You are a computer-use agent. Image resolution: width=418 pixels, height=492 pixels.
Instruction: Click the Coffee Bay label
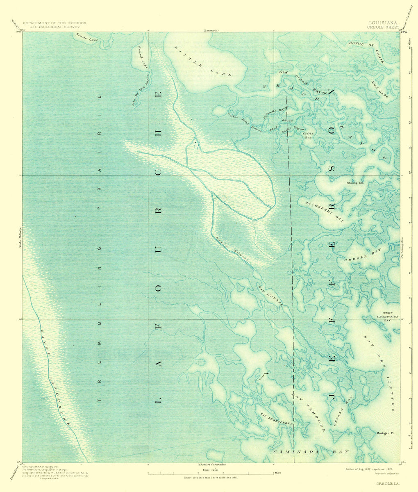(308, 136)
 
